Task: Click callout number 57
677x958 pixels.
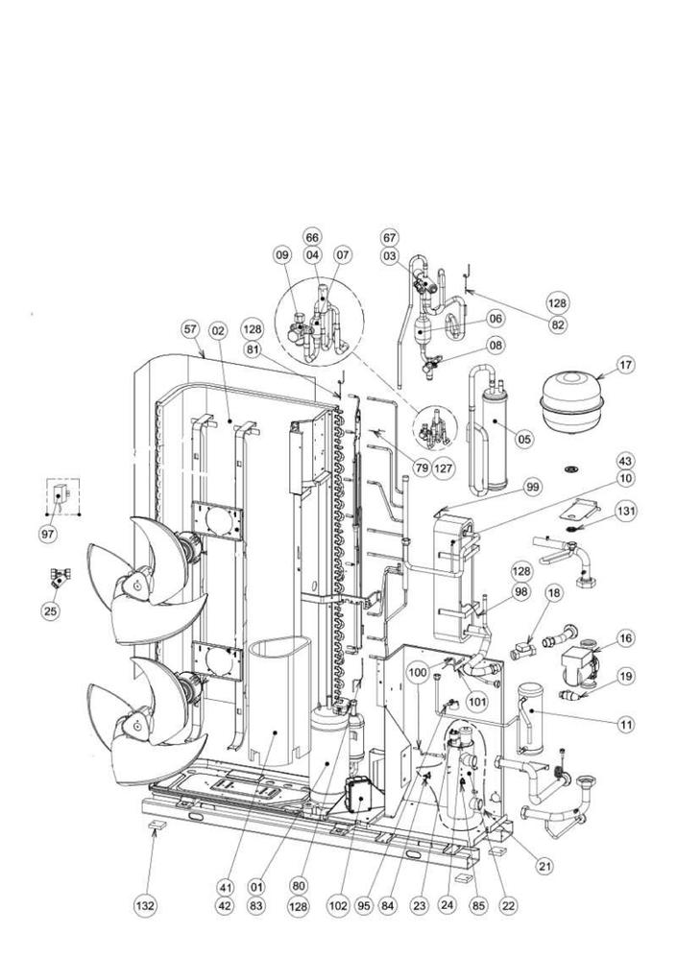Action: pos(190,330)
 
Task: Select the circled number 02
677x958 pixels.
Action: pos(218,331)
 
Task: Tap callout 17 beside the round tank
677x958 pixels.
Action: pos(626,366)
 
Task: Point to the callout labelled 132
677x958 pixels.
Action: pos(144,905)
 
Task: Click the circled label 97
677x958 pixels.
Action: pos(49,534)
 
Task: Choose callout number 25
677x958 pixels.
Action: pos(51,610)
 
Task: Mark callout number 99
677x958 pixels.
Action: pos(533,487)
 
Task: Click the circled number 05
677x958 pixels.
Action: pos(523,439)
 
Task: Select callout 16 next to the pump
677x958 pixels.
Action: pos(625,638)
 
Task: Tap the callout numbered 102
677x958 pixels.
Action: pos(337,905)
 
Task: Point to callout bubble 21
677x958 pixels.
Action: pos(544,865)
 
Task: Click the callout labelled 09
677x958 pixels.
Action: pos(283,254)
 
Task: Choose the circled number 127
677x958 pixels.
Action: pos(445,468)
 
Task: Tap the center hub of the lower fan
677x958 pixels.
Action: pos(137,725)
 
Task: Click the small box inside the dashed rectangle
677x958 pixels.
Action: pos(60,493)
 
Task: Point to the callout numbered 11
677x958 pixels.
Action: pos(625,725)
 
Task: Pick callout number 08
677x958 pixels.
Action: pos(496,346)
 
